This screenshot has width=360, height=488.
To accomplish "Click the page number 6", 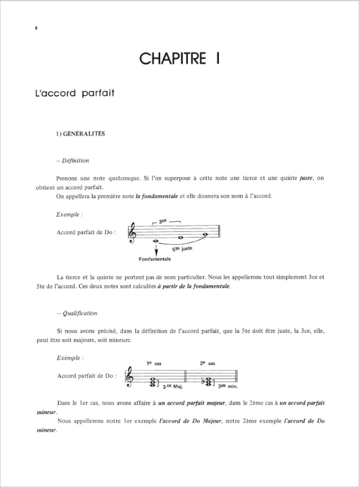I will [36, 28].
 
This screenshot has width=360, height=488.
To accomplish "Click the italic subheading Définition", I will [72, 161].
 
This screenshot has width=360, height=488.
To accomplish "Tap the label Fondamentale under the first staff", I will [155, 260].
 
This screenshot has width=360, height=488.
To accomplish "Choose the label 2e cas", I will [208, 364].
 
